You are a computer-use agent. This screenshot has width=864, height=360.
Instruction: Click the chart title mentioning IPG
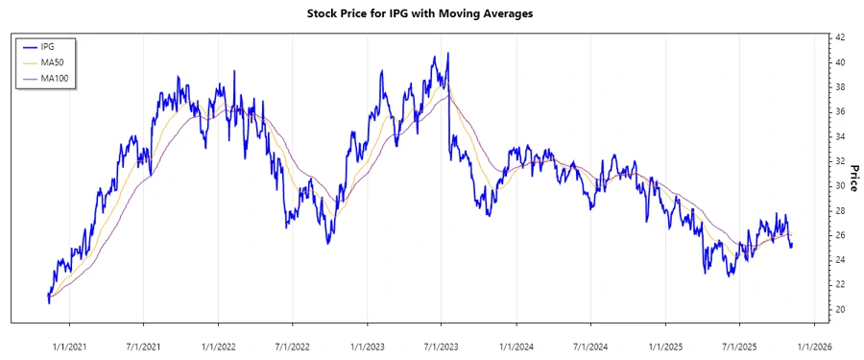[432, 13]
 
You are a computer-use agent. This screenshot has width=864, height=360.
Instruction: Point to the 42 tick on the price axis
[839, 37]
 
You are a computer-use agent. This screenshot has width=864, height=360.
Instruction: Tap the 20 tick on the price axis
[839, 309]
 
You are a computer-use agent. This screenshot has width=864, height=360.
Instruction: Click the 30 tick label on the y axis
[839, 185]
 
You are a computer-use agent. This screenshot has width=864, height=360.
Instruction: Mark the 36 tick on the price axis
[839, 111]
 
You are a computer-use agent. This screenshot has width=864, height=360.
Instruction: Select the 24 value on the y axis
[839, 260]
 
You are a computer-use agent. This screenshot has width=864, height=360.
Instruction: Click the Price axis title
[853, 173]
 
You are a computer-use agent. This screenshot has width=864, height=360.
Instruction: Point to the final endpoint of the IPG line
[792, 247]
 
